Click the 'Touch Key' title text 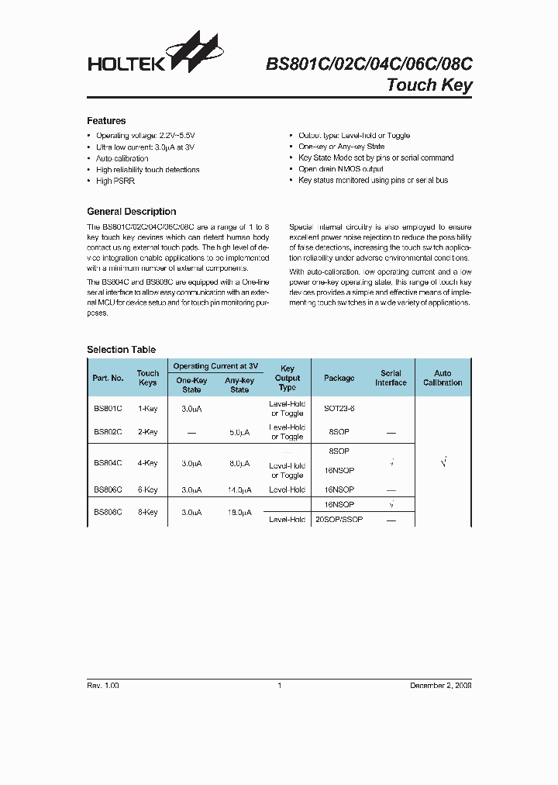click(429, 85)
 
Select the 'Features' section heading click(106, 121)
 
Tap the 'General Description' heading click(131, 212)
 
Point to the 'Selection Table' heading click(121, 350)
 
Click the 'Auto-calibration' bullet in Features click(122, 158)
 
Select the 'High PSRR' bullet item click(115, 181)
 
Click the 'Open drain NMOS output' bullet click(340, 169)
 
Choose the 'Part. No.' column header click(108, 378)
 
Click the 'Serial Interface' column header click(391, 378)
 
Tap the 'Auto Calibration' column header click(443, 378)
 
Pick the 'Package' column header click(339, 378)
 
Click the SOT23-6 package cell click(339, 408)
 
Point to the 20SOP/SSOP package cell click(339, 520)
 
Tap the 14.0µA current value click(239, 490)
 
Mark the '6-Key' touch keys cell click(147, 490)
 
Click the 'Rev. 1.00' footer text click(103, 686)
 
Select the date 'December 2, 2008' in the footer click(440, 686)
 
